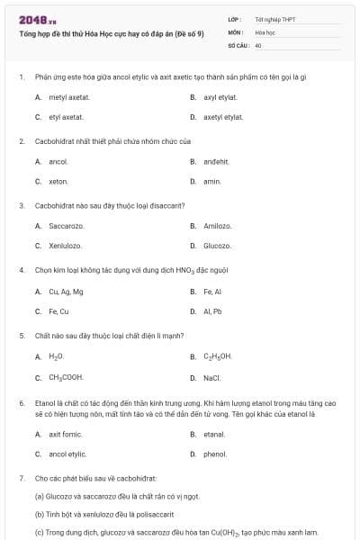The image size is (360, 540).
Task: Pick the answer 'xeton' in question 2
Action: point(58,181)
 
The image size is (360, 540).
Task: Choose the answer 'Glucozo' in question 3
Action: point(217,245)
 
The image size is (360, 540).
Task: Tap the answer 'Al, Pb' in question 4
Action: point(212,311)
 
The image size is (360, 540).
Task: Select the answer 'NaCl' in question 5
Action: point(212,378)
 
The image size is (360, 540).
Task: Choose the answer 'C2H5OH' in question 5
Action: point(218,356)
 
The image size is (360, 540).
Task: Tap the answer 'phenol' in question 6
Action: point(215,454)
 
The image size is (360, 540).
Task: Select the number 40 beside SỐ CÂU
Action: point(258,44)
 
